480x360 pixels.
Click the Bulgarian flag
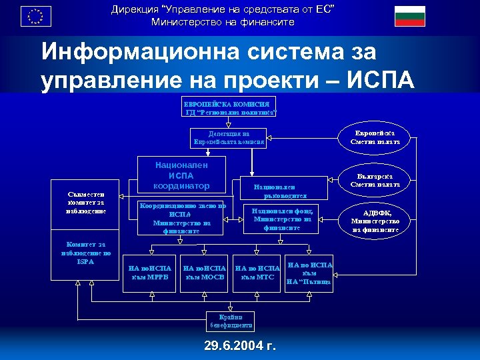(x=409, y=16)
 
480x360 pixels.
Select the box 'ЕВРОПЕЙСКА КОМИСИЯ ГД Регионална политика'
(x=229, y=107)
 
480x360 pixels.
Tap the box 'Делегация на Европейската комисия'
(x=229, y=138)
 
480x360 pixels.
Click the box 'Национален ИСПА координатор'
(x=181, y=175)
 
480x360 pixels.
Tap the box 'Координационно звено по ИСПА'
(x=181, y=218)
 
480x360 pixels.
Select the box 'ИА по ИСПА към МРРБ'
(x=152, y=273)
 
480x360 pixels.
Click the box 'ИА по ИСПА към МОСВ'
(x=205, y=273)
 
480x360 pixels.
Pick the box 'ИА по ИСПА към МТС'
(x=256, y=273)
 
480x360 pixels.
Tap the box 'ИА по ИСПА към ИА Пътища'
(x=309, y=273)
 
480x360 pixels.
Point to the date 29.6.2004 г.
(x=240, y=347)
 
